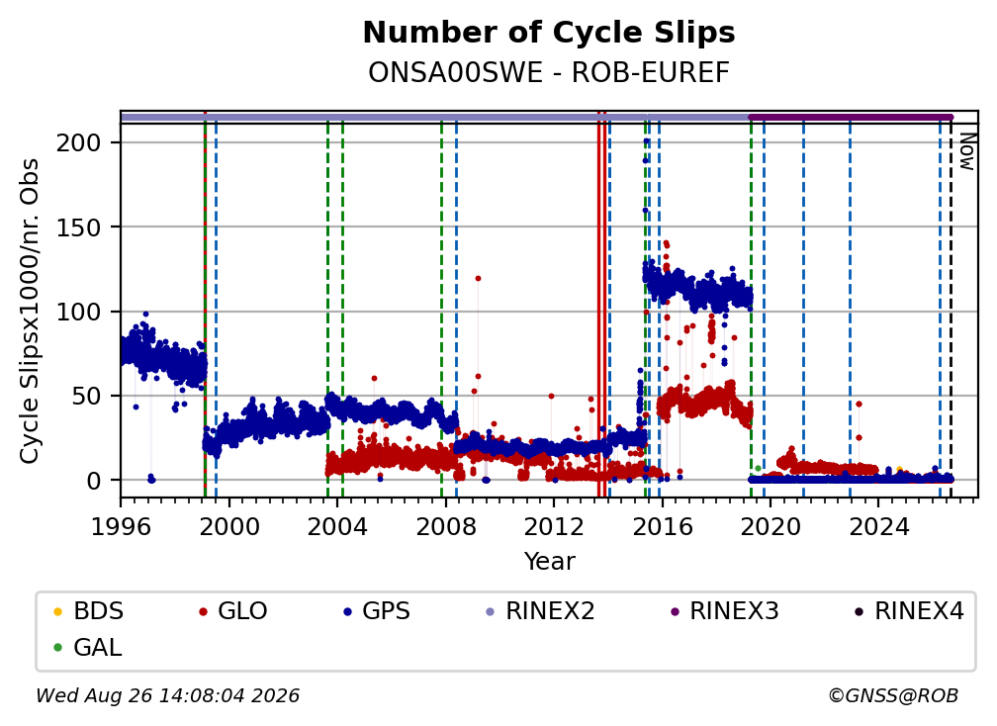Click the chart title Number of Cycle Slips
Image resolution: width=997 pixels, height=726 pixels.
coord(549,33)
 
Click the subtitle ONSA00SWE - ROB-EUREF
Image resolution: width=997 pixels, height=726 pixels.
coord(549,72)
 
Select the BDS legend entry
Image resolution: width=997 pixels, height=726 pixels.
coord(89,611)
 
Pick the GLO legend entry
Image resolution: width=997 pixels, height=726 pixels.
coord(232,611)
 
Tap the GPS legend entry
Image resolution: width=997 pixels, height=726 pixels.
coord(377,611)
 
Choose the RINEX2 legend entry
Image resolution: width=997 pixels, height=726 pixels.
coord(540,611)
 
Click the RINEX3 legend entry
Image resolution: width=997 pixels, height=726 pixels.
coord(725,611)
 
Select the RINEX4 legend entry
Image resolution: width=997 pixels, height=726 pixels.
coord(909,611)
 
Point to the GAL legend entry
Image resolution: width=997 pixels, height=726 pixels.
coord(88,648)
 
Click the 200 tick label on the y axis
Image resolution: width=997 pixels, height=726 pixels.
coord(79,143)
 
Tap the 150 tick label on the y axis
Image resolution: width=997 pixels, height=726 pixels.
coord(79,227)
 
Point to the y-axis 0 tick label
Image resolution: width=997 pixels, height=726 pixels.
coord(94,481)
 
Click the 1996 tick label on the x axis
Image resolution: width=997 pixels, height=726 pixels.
coord(121,527)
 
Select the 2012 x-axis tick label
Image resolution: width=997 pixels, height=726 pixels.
coord(554,527)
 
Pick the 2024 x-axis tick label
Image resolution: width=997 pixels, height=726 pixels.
coord(878,527)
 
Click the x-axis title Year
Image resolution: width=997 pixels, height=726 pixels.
coord(549,562)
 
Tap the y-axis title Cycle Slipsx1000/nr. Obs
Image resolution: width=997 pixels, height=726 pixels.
coord(30,311)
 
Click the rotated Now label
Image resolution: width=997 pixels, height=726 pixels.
coord(966,151)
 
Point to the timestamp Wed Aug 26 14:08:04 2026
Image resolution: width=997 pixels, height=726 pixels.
coord(167,695)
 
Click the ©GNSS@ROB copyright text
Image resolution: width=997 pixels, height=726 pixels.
coord(893,695)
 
